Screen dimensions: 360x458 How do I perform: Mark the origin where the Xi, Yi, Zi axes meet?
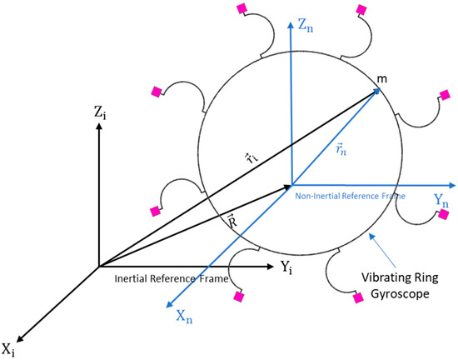click(x=99, y=267)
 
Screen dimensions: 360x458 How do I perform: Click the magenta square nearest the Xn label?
click(x=240, y=296)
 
